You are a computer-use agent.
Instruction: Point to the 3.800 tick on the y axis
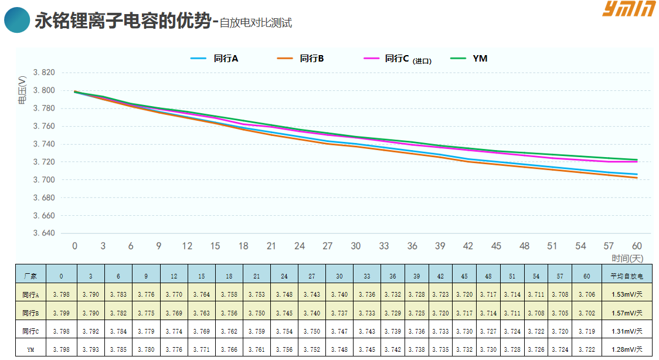coord(44,91)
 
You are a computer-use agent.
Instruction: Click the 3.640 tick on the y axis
coord(44,233)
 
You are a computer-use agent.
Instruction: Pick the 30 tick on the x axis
coord(356,246)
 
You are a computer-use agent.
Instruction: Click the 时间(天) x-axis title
coord(627,258)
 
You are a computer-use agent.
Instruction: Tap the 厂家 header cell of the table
coord(30,275)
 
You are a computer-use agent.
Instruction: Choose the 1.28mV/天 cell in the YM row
coord(627,349)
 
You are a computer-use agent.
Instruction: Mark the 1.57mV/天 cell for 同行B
coord(627,313)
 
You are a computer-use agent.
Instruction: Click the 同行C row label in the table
coord(30,331)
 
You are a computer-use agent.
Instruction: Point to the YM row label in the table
coord(30,349)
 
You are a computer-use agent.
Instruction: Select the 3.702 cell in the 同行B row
coord(587,313)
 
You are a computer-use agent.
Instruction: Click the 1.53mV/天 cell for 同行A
coord(627,294)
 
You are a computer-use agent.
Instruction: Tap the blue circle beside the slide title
coord(17,20)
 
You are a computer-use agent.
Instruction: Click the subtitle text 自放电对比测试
coord(256,23)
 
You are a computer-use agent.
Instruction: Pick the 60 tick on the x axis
coord(637,246)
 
